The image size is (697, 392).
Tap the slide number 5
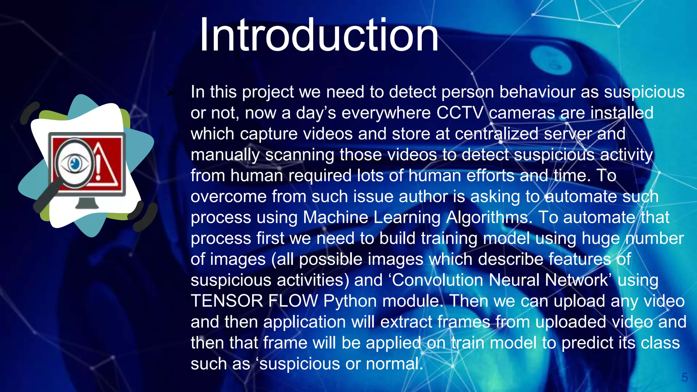click(684, 377)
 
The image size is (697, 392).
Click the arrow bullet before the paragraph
click(172, 92)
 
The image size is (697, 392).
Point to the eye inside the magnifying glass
click(75, 164)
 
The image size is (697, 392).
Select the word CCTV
click(459, 113)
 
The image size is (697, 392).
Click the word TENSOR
click(227, 301)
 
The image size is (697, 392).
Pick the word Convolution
click(437, 280)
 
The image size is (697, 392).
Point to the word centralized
click(497, 134)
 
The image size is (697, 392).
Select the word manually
click(225, 155)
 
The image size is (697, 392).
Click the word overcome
click(228, 197)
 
